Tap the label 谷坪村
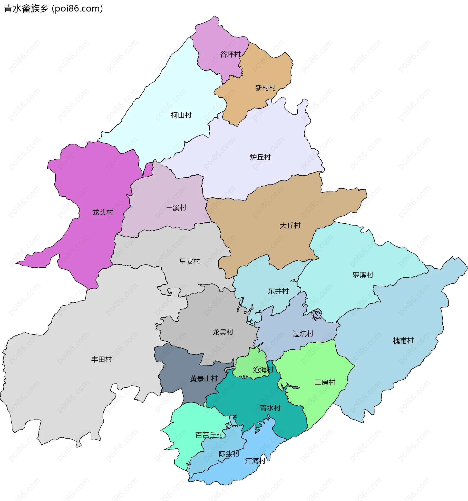pyautogui.click(x=230, y=54)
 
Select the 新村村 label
pyautogui.click(x=265, y=88)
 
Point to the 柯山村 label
pyautogui.click(x=181, y=115)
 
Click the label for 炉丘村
pyautogui.click(x=260, y=157)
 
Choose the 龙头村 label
pyautogui.click(x=103, y=212)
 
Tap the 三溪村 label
pyautogui.click(x=176, y=208)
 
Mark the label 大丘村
pyautogui.click(x=290, y=225)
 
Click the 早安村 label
pyautogui.click(x=190, y=261)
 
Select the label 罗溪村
pyautogui.click(x=363, y=275)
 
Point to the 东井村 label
pyautogui.click(x=278, y=291)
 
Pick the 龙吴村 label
pyautogui.click(x=223, y=332)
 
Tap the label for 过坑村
pyautogui.click(x=303, y=334)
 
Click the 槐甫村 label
pyautogui.click(x=403, y=340)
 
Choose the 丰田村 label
pyautogui.click(x=101, y=359)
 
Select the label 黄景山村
pyautogui.click(x=204, y=379)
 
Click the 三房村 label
pyautogui.click(x=325, y=382)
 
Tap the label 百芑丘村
pyautogui.click(x=210, y=435)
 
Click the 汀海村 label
pyautogui.click(x=255, y=461)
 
